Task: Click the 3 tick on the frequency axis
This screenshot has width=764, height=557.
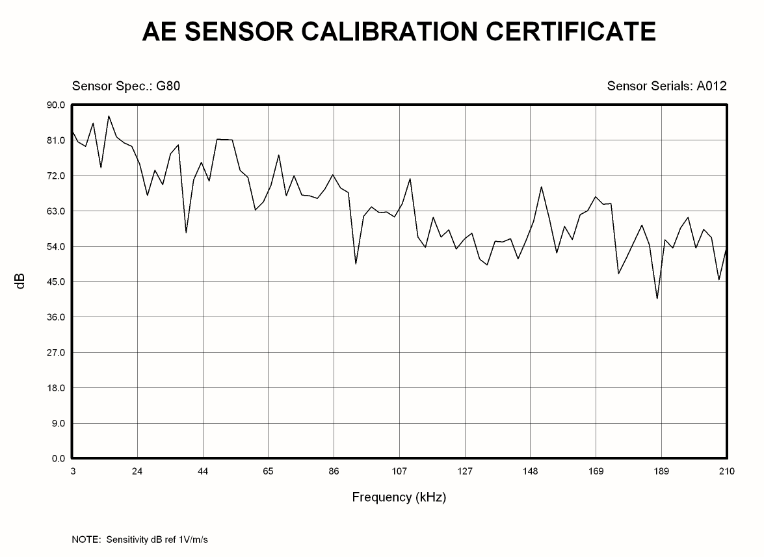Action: pos(73,471)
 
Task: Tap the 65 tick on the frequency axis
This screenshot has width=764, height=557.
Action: pos(268,471)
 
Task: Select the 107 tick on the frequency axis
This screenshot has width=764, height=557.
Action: pos(399,471)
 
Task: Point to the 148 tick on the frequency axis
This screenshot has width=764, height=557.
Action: pos(530,471)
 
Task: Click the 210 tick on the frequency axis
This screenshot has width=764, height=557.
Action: pos(727,471)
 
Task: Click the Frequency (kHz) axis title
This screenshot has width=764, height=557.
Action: pos(399,498)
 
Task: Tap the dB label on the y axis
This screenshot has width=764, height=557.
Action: pos(20,281)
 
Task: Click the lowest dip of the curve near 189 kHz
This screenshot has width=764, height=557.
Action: pos(657,298)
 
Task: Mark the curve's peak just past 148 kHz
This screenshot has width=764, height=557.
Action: pos(541,187)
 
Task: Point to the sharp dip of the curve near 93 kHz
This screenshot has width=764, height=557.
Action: pos(356,263)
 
